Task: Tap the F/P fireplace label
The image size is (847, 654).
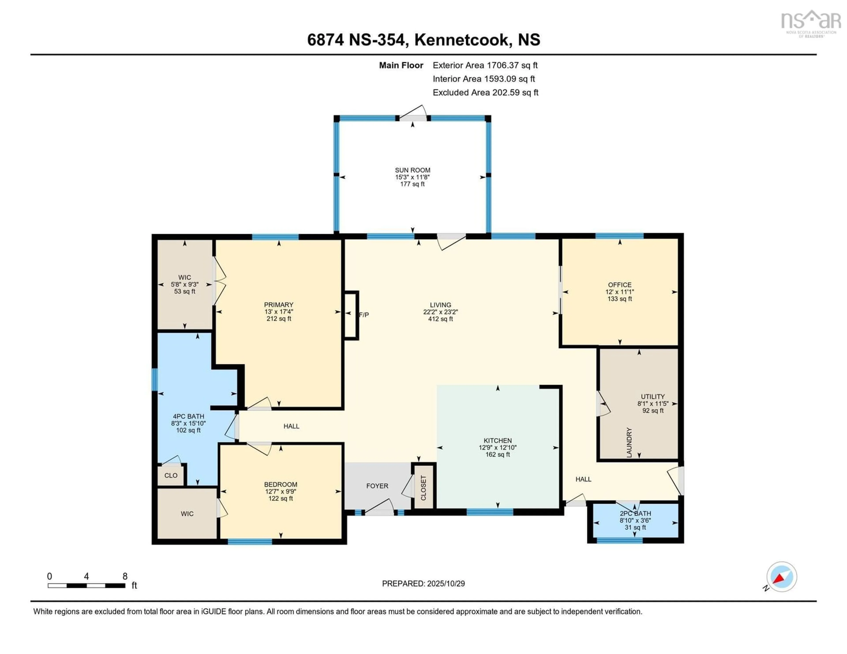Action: [x=364, y=315]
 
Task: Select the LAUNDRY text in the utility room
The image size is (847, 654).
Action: [x=629, y=442]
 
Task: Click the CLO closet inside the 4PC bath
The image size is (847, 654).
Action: [x=171, y=475]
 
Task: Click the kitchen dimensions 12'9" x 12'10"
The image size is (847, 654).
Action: [x=498, y=447]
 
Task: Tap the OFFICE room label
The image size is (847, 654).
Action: [x=619, y=284]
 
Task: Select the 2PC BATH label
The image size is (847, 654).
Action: [x=635, y=513]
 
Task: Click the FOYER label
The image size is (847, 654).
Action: [x=377, y=486]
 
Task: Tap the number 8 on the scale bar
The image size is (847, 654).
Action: [x=125, y=576]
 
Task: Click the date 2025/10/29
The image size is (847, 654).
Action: [x=446, y=583]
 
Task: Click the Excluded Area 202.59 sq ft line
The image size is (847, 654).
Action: [x=485, y=92]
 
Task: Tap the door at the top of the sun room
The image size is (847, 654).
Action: [x=413, y=115]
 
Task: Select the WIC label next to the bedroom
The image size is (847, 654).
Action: [x=187, y=514]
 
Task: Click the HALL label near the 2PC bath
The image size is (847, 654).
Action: [x=583, y=479]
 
